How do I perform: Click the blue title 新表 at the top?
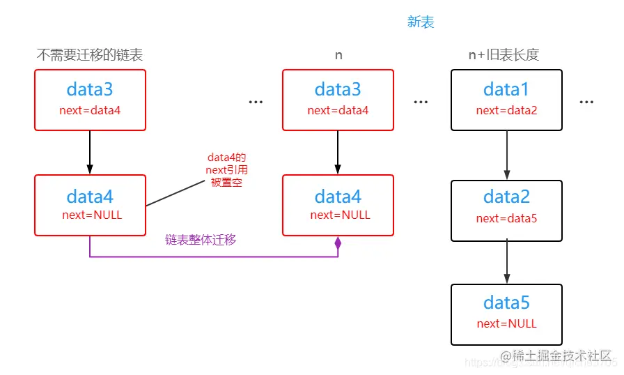[x=421, y=22]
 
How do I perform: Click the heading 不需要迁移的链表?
[x=90, y=54]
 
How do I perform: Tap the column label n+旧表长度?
[x=505, y=54]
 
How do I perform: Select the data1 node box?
[x=506, y=100]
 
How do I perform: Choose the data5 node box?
[x=506, y=314]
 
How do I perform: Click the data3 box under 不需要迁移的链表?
[x=90, y=100]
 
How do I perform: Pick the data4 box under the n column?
[x=338, y=205]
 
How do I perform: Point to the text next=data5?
[x=506, y=218]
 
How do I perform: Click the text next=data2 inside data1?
[x=506, y=110]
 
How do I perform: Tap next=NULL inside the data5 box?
[x=506, y=323]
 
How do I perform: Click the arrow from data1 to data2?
[x=507, y=155]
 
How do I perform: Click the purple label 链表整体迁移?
[x=201, y=239]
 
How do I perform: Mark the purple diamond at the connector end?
[x=338, y=244]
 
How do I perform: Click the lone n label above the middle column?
[x=338, y=54]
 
